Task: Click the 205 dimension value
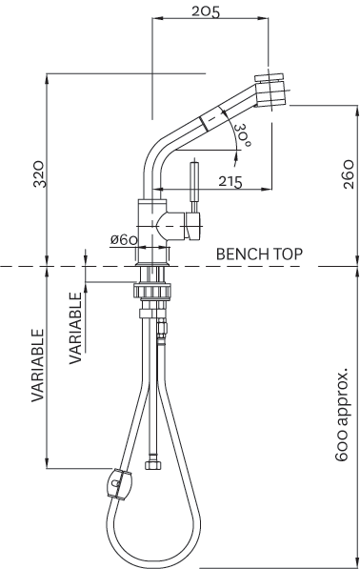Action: click(x=206, y=11)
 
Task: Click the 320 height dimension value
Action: click(x=40, y=173)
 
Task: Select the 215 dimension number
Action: click(x=230, y=181)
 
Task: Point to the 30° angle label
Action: click(x=242, y=135)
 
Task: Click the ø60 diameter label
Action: click(x=124, y=239)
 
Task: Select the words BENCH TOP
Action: click(x=259, y=254)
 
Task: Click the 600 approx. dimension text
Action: click(x=342, y=415)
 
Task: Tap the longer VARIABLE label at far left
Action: click(x=37, y=365)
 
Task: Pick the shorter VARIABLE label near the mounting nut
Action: click(x=75, y=328)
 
